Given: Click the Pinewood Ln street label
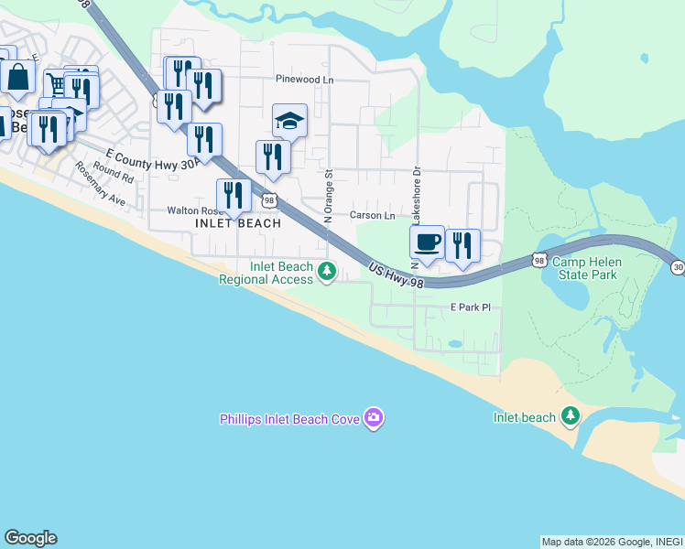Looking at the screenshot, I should (x=305, y=80).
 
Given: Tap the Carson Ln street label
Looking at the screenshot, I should (x=372, y=216).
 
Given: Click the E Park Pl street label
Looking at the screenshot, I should (x=471, y=308).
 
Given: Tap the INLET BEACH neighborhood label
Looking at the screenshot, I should (x=238, y=223).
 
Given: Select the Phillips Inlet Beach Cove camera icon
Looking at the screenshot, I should (x=373, y=418).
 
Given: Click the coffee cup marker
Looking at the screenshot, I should (x=427, y=243).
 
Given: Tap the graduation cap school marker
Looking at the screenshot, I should (x=289, y=122).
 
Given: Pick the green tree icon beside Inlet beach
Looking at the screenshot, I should (x=571, y=417).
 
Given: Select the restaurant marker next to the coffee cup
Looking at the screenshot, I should (x=462, y=246).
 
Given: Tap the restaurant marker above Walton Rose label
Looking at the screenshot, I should (x=234, y=197).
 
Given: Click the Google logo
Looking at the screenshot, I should (x=30, y=538).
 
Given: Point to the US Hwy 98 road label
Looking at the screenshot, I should (x=397, y=276).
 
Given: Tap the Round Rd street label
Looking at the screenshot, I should (x=113, y=174).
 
